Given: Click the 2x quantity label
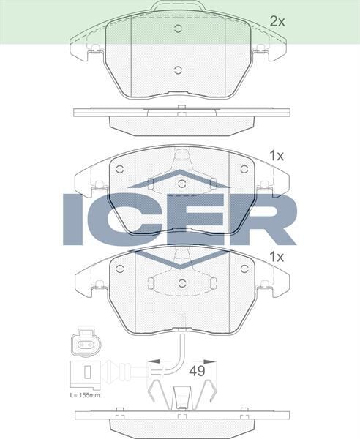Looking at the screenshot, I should [x=277, y=21].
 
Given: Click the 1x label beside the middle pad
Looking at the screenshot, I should [x=276, y=155].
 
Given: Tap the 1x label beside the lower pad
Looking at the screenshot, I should [x=276, y=257].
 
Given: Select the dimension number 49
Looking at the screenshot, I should [x=197, y=371].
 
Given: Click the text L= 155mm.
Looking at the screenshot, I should [x=86, y=394].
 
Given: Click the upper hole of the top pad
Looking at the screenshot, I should [x=179, y=29].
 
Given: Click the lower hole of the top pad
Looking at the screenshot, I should [x=179, y=70].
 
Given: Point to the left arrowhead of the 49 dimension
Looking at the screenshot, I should [x=151, y=361].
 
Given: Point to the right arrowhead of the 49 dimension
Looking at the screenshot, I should [x=211, y=361].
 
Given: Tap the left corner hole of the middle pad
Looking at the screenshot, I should [x=120, y=169].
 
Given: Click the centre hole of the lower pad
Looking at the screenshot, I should [x=181, y=282].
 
